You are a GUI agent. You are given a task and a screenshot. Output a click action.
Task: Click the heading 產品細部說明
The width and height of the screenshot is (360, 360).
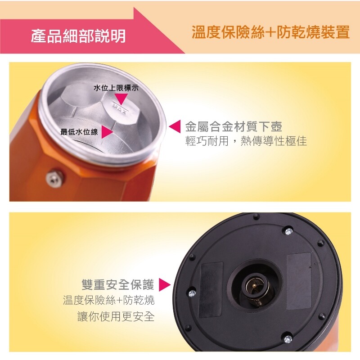click(x=78, y=36)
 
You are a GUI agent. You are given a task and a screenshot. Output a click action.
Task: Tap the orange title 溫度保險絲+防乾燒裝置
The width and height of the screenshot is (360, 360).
click(x=271, y=32)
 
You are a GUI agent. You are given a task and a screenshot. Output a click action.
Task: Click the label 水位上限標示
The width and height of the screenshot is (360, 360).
click(x=116, y=88)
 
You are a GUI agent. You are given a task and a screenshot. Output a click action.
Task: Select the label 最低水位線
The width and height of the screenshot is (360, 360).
click(x=79, y=132)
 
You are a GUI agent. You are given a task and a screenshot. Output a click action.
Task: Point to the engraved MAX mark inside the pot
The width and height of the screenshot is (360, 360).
click(x=119, y=108)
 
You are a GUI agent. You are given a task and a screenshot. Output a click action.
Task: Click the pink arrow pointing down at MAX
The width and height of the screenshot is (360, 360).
click(x=121, y=99)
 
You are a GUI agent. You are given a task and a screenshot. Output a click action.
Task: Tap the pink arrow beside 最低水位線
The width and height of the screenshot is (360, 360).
click(x=107, y=132)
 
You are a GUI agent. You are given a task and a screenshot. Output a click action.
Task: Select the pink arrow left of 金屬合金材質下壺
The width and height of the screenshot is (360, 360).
click(x=175, y=126)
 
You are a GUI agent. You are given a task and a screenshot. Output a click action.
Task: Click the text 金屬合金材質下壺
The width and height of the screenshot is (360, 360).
click(x=234, y=126)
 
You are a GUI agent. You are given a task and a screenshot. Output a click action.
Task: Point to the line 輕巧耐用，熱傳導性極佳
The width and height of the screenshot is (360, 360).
click(x=246, y=140)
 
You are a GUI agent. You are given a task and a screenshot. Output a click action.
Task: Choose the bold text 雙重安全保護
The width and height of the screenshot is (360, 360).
click(x=118, y=285)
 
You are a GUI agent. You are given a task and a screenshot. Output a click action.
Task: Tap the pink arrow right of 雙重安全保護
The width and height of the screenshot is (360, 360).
click(x=165, y=285)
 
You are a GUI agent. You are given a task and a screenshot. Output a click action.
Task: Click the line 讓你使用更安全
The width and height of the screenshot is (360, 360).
click(x=116, y=317)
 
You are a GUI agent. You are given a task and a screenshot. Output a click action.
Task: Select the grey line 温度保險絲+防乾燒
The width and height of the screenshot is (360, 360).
click(x=109, y=300)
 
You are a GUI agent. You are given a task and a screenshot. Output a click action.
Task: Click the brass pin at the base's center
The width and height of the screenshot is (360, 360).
click(x=254, y=285)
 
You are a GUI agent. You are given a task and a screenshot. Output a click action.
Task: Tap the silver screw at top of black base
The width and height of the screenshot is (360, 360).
click(x=289, y=231)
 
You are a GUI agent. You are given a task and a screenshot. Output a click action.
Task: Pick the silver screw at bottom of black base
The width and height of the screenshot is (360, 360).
click(x=288, y=339)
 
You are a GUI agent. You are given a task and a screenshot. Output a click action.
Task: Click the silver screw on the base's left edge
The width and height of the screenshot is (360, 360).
click(x=192, y=293)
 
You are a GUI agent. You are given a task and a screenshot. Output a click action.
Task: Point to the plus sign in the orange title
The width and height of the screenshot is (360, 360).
click(x=271, y=32)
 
